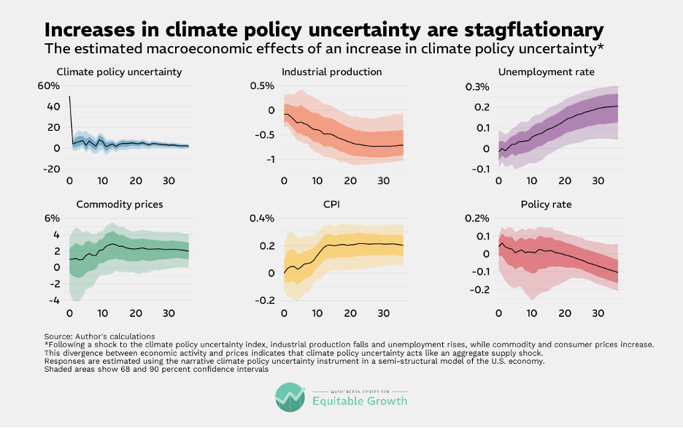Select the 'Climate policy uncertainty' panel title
point(119,72)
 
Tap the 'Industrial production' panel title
point(331,72)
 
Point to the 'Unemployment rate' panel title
point(546,72)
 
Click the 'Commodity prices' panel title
point(119,205)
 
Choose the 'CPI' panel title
point(331,205)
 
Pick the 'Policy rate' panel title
point(546,205)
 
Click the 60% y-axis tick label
point(48,86)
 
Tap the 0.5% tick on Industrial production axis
point(260,86)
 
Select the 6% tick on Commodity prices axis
point(52,218)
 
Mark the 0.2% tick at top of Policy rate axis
point(476,218)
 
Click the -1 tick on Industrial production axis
point(267,160)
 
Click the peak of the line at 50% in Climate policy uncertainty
point(70,96)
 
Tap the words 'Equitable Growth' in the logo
point(359,401)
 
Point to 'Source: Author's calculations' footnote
point(99,336)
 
